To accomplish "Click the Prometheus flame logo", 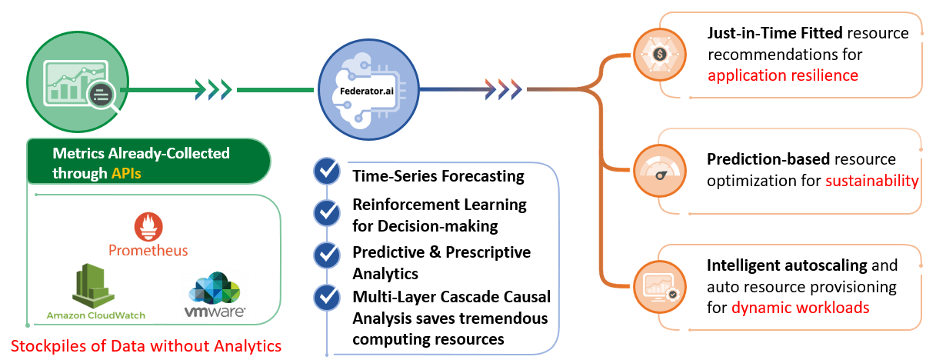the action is (x=148, y=226).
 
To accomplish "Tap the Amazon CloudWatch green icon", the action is (x=93, y=285).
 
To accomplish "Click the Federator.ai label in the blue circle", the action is (x=367, y=91).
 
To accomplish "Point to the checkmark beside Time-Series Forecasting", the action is (x=327, y=171).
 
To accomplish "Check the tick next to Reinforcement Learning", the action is (x=327, y=212).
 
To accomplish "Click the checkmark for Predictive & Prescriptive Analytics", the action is (x=327, y=255).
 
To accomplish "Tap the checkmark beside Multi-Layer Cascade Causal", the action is (x=327, y=298).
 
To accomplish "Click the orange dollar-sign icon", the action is (x=660, y=55).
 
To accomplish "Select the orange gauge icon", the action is (x=660, y=171).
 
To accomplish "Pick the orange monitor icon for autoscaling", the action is (x=660, y=287).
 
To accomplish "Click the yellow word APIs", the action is (x=126, y=173).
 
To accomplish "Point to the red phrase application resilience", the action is (x=783, y=75).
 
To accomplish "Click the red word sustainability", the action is (x=872, y=181).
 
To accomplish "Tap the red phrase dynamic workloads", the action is (x=801, y=308).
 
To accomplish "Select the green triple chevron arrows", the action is (x=214, y=89).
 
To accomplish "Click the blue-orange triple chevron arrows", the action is (x=504, y=89).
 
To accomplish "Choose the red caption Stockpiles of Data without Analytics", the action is (x=146, y=346).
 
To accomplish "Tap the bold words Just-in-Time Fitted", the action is (x=775, y=33).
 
